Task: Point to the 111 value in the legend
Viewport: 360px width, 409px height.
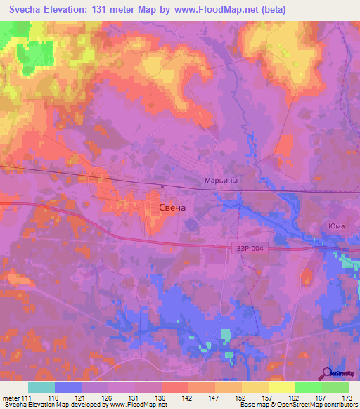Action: click(27, 398)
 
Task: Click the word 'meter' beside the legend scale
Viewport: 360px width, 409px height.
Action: click(11, 398)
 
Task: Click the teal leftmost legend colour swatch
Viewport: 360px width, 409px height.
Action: click(41, 387)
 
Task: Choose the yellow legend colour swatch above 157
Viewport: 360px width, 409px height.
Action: click(255, 387)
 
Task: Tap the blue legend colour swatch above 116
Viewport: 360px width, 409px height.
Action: click(68, 387)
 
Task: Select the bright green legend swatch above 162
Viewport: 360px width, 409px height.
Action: click(309, 387)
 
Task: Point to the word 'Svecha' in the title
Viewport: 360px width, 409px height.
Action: click(29, 9)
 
